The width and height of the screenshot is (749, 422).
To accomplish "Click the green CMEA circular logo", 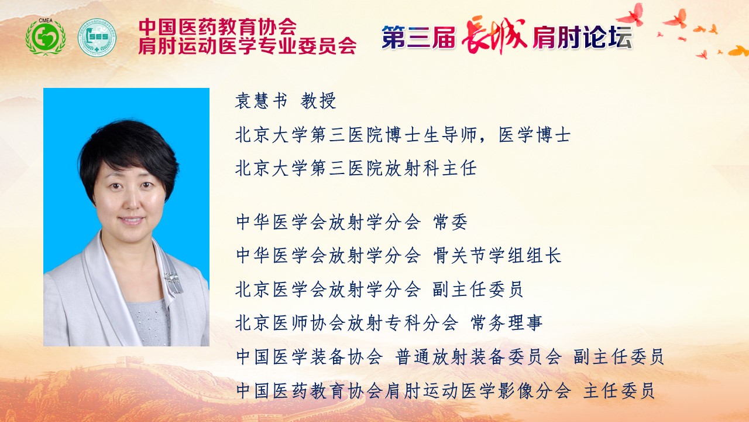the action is [x=46, y=37].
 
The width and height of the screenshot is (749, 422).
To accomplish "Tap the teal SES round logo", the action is [x=97, y=37].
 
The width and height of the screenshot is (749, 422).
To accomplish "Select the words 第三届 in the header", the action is [x=418, y=37].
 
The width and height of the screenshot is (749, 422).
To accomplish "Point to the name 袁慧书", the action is [x=261, y=100].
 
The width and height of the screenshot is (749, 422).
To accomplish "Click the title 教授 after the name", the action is [x=318, y=100].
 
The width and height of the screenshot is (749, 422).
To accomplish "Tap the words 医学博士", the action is [x=534, y=135].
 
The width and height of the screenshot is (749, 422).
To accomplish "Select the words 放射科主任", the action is [x=431, y=168].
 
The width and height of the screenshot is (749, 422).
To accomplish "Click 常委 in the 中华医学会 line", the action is [x=450, y=222].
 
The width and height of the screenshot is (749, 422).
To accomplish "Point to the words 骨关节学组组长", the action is [x=497, y=256].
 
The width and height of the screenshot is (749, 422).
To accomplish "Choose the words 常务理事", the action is [x=506, y=323].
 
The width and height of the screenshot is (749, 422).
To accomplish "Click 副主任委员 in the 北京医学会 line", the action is [x=477, y=290].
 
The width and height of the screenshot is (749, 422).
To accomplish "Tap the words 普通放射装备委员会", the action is [x=478, y=357].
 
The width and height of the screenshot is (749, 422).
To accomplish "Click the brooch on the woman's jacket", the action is [x=171, y=277].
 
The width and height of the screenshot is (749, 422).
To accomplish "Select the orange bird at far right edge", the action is [x=738, y=51].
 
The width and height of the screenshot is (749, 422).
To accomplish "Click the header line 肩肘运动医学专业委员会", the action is [x=247, y=45].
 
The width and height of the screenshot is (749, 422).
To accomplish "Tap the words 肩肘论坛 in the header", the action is [x=582, y=37].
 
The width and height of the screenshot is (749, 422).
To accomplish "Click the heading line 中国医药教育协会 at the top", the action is [x=217, y=26].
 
